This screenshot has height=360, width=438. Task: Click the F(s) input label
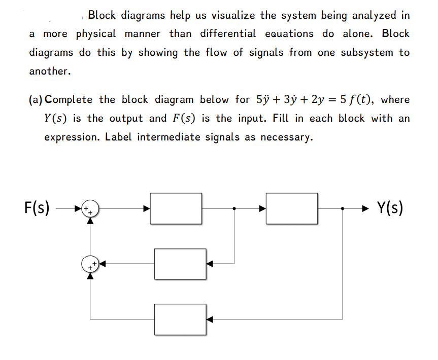(x=37, y=208)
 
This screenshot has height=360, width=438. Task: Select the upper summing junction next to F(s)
(x=90, y=208)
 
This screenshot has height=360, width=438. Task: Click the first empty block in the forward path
(x=176, y=208)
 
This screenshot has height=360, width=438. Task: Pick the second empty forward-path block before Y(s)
(x=291, y=208)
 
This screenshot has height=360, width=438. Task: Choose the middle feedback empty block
(x=181, y=264)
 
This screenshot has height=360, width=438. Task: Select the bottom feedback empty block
(x=181, y=319)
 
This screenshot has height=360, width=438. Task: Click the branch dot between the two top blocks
(x=233, y=208)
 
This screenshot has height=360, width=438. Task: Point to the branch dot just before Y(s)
(x=343, y=208)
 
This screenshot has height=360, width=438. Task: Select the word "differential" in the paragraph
(x=228, y=34)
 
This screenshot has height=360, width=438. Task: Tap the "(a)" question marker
(x=37, y=99)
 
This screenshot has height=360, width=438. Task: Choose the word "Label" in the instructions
(x=119, y=137)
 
